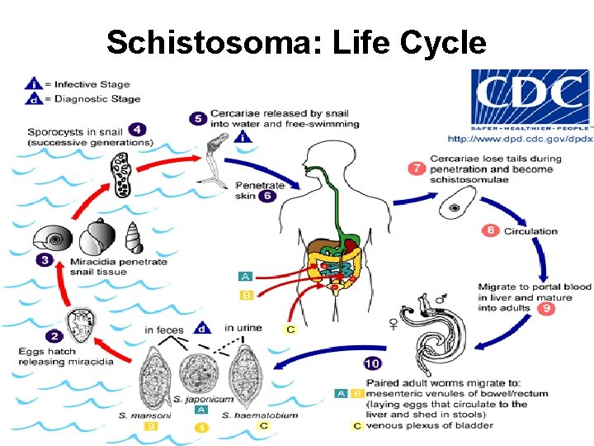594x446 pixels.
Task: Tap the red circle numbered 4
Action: [136, 130]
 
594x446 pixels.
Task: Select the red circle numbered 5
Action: [197, 118]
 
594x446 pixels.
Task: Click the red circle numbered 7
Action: [417, 168]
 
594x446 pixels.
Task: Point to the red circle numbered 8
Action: [491, 230]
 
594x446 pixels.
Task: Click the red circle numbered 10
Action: [372, 363]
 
